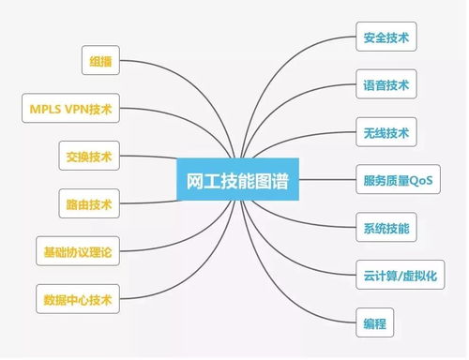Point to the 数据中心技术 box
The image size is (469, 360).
coord(76,300)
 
